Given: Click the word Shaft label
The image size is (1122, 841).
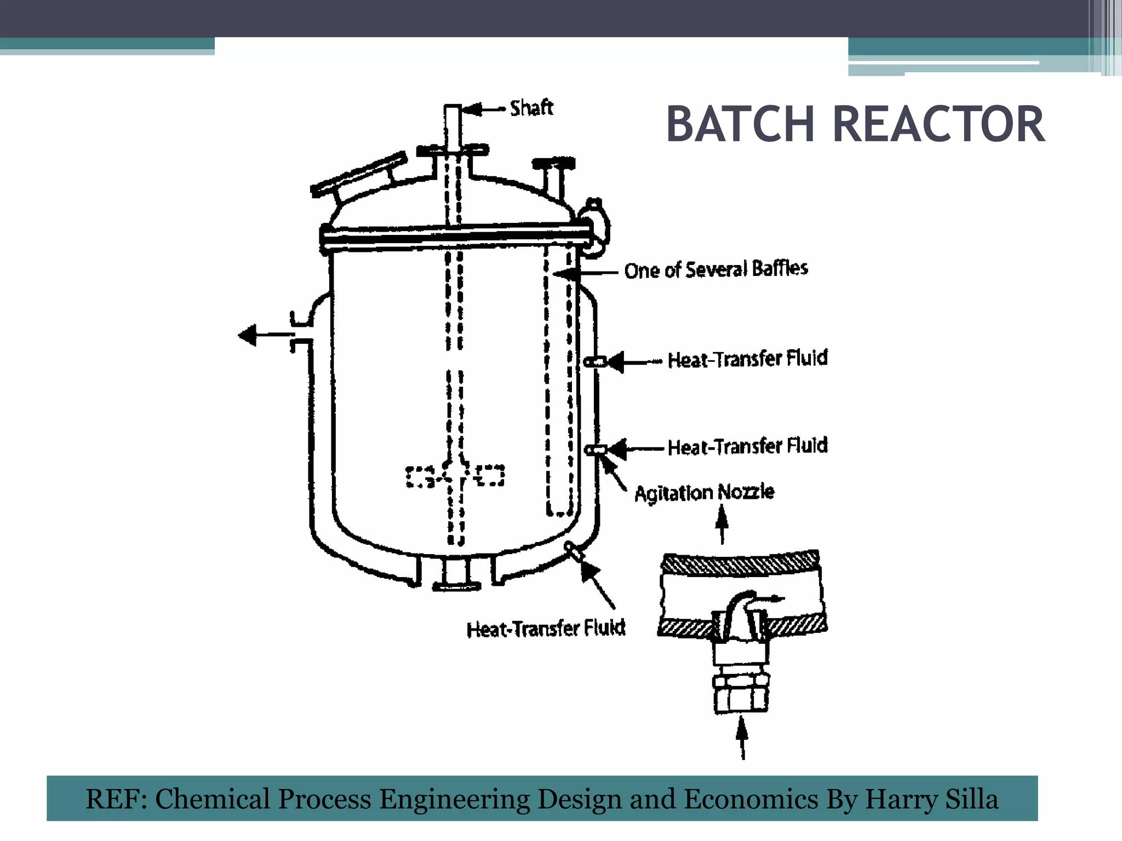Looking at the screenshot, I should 531,108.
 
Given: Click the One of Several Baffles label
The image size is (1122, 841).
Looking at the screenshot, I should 715,269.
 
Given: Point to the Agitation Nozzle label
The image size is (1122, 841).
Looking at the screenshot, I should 704,492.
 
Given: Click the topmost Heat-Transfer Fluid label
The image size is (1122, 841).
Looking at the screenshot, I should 747,359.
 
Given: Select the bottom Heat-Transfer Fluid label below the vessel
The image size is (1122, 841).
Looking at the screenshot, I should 546,629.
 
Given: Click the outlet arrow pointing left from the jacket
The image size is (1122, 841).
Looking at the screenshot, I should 248,335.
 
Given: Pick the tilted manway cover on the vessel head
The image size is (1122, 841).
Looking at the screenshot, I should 359,175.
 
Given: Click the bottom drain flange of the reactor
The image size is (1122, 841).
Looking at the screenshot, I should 456,586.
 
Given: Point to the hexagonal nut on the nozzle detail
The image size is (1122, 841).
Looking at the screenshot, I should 741,682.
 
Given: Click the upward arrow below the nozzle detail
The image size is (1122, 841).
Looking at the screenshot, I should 742,737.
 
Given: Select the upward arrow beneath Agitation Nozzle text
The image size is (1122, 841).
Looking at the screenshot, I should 722,523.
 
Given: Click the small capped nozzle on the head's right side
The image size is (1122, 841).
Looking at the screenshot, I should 554,164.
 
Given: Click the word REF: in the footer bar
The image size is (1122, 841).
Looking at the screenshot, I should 116,799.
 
